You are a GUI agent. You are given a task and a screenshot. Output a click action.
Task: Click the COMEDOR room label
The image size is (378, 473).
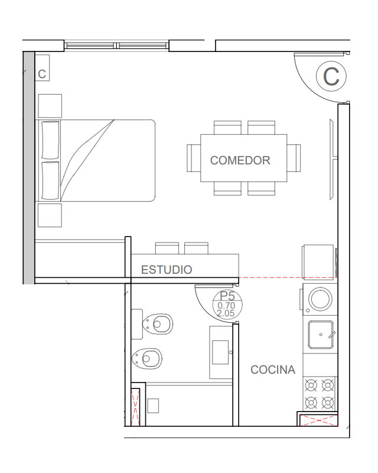240,160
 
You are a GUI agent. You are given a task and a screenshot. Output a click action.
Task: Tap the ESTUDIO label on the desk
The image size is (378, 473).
167,270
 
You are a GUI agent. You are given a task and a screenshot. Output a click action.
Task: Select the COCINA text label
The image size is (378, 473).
273,370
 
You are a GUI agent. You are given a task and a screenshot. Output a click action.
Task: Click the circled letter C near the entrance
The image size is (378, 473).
331,76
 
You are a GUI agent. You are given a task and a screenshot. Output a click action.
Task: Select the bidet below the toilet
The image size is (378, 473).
147,359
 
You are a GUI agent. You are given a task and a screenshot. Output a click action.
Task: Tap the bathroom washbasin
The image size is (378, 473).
221,352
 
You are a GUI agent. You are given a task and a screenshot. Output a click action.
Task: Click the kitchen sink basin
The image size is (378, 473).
321,335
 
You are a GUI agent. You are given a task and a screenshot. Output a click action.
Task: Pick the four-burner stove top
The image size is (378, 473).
319,394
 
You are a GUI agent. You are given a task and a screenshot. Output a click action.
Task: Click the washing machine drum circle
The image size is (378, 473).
320,299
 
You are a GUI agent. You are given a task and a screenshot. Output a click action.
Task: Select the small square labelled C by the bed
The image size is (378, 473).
42,68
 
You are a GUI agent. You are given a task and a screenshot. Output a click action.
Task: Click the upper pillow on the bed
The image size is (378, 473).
50,140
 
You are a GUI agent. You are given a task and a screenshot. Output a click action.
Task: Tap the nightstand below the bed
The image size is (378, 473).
50,215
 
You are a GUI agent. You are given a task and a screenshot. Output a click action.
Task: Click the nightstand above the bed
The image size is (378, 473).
50,106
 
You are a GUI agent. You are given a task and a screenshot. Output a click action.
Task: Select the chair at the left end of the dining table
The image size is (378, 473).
194,158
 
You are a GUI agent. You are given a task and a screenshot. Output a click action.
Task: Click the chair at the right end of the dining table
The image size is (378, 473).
294,158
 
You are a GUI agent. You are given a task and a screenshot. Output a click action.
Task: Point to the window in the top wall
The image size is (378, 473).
117,46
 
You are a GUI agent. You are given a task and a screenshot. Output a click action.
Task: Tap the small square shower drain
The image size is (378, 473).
153,406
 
